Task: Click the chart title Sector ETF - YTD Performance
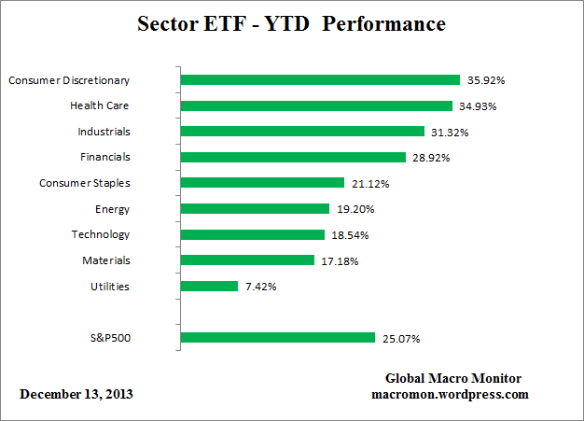(291, 23)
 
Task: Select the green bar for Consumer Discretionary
(319, 80)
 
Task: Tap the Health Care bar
(315, 105)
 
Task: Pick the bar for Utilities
(209, 286)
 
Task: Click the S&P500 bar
(277, 337)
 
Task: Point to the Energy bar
(255, 209)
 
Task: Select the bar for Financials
(293, 158)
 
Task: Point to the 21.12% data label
(368, 183)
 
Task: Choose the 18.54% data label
(349, 235)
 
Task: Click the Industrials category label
(104, 132)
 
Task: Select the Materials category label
(106, 260)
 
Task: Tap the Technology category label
(101, 234)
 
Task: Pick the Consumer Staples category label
(85, 183)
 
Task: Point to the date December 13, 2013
(76, 394)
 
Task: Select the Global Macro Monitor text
(453, 378)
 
